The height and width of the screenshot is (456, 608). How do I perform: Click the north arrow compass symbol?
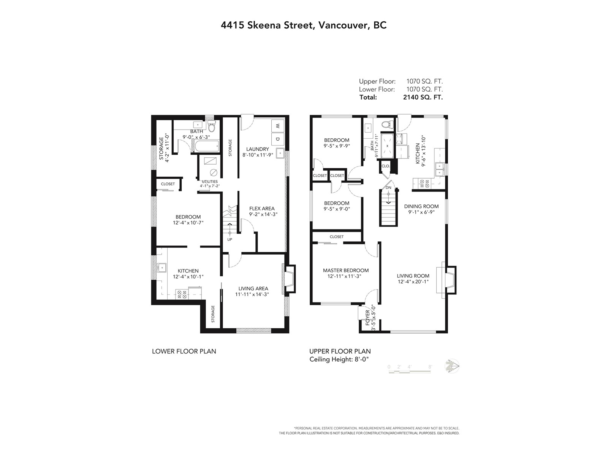tap(452, 366)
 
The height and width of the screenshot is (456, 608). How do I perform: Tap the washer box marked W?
tap(277, 126)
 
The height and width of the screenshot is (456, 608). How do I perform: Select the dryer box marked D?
tap(277, 139)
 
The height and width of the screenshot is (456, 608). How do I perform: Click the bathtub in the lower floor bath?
tap(206, 146)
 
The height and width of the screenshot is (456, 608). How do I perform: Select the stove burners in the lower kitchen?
tap(182, 294)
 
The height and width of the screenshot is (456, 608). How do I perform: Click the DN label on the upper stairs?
tap(388, 187)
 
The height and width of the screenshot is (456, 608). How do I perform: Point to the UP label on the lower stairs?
tap(230, 239)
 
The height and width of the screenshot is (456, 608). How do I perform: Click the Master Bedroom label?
tap(346, 270)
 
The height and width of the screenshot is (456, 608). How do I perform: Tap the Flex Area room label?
tap(262, 209)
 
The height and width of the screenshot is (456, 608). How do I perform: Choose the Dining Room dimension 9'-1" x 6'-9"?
tap(421, 212)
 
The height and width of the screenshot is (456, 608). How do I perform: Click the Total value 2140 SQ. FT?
tap(423, 97)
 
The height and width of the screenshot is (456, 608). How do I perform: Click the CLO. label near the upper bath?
tap(386, 166)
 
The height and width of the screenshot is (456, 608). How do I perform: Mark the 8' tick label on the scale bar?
tap(430, 367)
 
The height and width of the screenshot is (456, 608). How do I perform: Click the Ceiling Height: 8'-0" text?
tap(339, 359)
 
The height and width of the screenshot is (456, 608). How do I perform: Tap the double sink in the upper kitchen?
tap(440, 169)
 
